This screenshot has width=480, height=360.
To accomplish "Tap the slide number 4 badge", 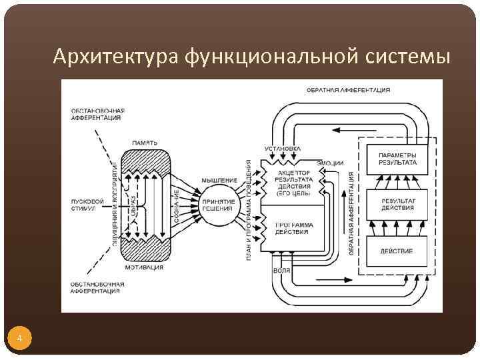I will (x=20, y=339).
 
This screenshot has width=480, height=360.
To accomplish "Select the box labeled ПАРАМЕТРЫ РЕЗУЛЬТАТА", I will (x=397, y=159).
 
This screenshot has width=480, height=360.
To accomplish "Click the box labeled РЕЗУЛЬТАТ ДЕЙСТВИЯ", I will (x=397, y=204).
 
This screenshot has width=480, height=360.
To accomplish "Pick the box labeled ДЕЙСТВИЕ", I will (x=397, y=251).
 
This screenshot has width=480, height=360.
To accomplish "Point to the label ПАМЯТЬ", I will (x=145, y=143).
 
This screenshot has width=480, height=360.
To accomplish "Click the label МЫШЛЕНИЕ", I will (x=219, y=180).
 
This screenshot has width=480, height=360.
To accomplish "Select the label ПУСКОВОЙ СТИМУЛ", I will (x=87, y=204).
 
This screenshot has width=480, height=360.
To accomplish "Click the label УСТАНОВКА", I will (x=283, y=147).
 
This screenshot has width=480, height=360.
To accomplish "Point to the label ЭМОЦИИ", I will (x=331, y=163).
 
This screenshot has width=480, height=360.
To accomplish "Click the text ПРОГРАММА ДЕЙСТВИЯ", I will (x=294, y=229).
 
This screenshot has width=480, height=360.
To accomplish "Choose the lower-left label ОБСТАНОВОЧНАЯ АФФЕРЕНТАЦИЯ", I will (x=97, y=287).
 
